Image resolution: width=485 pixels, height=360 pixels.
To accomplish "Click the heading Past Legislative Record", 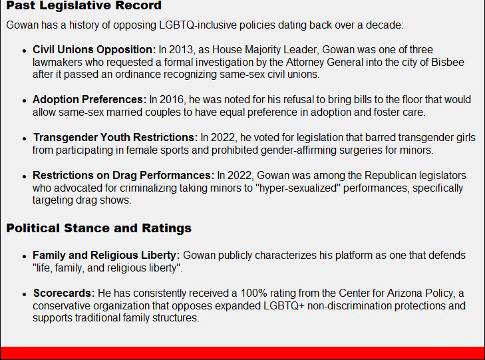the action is tap(84, 5).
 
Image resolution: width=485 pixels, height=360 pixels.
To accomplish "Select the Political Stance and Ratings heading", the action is tap(98, 228).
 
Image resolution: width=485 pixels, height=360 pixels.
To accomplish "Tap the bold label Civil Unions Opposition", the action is tap(94, 49).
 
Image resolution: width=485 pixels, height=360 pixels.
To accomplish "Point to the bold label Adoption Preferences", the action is tap(89, 100).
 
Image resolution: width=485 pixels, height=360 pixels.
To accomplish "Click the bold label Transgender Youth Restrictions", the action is tap(115, 137).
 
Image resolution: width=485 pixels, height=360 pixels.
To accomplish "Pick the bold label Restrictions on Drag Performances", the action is tap(124, 176).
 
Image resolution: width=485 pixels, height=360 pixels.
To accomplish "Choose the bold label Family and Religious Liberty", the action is tap(106, 255).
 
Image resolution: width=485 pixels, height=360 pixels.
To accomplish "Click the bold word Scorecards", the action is tap(64, 293).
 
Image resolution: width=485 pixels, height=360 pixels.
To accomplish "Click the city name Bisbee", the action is tap(448, 62).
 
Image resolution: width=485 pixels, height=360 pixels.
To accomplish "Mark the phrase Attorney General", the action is tap(325, 62).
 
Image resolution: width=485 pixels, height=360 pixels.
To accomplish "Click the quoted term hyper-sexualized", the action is tap(298, 188).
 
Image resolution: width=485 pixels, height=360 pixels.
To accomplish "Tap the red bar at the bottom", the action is tap(242, 353).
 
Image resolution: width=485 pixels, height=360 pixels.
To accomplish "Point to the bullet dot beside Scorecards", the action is tap(25, 295).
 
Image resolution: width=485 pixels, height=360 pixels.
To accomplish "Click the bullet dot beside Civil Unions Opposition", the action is tap(25, 51).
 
